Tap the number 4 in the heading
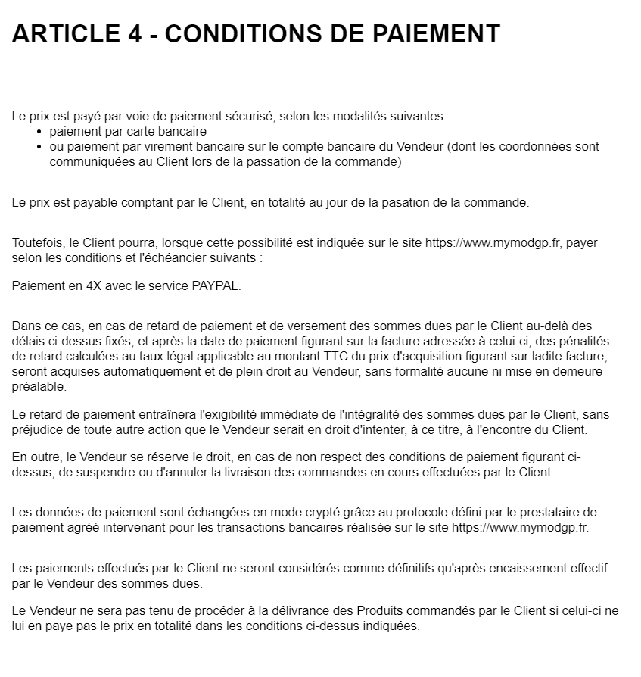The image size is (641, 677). click(x=130, y=34)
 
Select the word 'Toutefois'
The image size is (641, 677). click(x=37, y=243)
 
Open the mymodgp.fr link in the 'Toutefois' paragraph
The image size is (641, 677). click(x=493, y=243)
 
